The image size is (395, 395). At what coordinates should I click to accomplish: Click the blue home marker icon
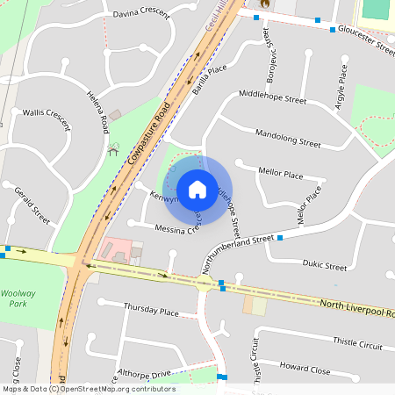pos(197,189)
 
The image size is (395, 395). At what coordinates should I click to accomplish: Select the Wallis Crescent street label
pos(46,112)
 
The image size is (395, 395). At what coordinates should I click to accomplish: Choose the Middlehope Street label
pos(272,100)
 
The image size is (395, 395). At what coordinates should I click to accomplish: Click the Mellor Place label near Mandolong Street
pos(281,173)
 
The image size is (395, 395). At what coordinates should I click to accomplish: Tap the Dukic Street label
pos(324,265)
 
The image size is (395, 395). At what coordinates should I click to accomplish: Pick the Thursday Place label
pos(151,311)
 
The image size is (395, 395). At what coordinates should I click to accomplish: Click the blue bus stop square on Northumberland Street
pos(280,238)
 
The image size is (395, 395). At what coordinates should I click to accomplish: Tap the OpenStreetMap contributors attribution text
pos(88,389)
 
